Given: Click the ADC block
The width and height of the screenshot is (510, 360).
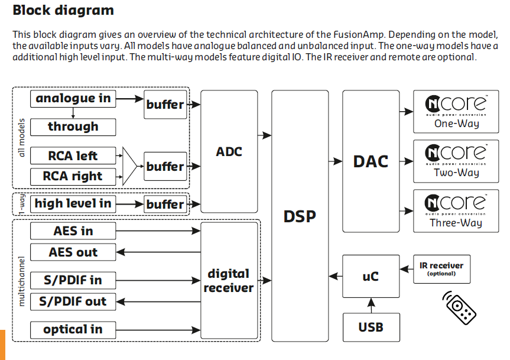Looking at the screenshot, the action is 229,151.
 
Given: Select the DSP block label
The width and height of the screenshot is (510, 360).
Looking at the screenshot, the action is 300,216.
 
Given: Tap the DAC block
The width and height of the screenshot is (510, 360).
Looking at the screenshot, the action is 371,161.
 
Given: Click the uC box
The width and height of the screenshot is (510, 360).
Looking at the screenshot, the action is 371,277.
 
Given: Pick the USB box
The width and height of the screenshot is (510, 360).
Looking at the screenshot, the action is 371,327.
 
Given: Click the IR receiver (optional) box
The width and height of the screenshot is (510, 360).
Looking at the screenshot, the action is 441,269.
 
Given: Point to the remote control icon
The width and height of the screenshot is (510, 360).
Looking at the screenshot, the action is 459,307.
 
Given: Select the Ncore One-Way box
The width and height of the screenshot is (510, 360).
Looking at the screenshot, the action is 456,112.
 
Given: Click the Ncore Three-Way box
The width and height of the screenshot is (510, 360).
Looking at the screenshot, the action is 456,211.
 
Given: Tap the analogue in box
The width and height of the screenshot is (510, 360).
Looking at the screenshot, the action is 73,99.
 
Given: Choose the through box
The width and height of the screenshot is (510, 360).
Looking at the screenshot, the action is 73,127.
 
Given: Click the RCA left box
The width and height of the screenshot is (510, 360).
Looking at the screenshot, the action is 73,155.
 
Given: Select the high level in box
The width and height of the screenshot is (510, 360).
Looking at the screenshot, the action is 73,204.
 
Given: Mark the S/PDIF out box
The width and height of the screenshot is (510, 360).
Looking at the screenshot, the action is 73,301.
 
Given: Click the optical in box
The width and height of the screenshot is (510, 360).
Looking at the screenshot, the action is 73,330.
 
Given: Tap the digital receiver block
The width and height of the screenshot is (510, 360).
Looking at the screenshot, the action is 229,280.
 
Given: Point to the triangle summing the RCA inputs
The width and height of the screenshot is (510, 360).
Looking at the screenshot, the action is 129,166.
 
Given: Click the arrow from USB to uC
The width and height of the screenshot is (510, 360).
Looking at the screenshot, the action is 371,306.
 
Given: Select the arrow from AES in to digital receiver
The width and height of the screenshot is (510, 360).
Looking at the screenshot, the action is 158,231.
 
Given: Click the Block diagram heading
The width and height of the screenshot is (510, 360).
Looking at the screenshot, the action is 63,10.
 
